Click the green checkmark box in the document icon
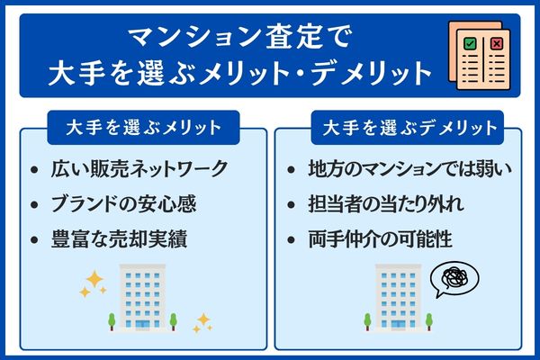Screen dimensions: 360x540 coord(469,43)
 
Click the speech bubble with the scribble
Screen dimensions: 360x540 coord(454,282)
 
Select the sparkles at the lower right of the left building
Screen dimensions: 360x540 coord(202,321)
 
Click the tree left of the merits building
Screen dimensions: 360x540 coord(112,319)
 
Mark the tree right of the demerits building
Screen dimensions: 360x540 coord(430,319)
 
